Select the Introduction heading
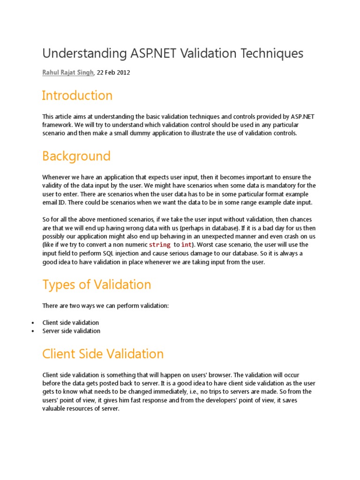click(77, 96)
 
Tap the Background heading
click(76, 156)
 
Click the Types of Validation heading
click(97, 285)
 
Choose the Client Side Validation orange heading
click(103, 354)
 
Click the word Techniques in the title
click(271, 53)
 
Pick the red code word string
click(159, 245)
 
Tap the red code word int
click(186, 245)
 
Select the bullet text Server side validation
click(71, 331)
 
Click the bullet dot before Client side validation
click(32, 323)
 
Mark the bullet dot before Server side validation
click(32, 331)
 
